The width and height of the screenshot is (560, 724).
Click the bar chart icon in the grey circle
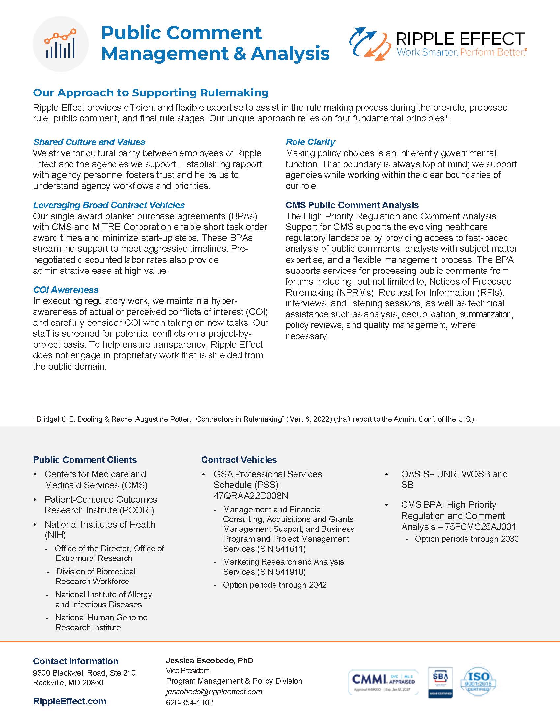60,44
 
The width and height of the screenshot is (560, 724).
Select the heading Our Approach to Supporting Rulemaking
151,92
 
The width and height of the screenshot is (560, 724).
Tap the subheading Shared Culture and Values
89,142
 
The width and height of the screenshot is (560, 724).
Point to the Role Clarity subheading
310,142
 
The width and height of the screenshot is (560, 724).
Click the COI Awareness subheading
66,290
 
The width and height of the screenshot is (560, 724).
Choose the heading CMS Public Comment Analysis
352,205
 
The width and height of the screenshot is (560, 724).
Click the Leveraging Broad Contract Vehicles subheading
109,205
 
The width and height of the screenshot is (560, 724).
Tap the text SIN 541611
281,549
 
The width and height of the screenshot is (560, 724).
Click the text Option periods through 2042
275,585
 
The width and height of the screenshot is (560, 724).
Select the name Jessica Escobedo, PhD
209,661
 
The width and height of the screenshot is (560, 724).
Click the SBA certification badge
440,682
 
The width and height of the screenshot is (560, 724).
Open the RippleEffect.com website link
70,701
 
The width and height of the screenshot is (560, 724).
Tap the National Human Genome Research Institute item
101,622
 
